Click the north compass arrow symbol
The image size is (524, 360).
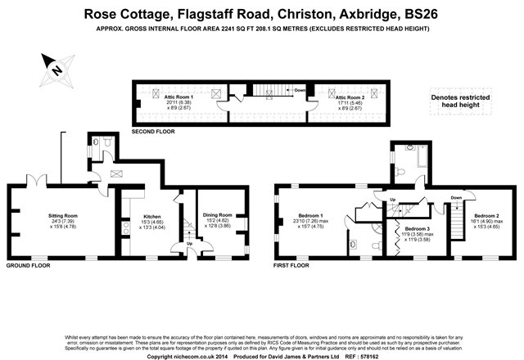coord(55,68)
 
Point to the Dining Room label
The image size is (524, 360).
coord(217,215)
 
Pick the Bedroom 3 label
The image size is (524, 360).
coord(417,229)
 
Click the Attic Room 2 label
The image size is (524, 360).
coord(350,97)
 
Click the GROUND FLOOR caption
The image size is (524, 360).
coord(28,266)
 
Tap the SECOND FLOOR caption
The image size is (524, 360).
coord(156,132)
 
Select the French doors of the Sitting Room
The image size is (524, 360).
coord(37,181)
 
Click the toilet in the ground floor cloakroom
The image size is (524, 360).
coord(98,142)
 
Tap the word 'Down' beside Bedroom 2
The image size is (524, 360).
coord(457,197)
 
